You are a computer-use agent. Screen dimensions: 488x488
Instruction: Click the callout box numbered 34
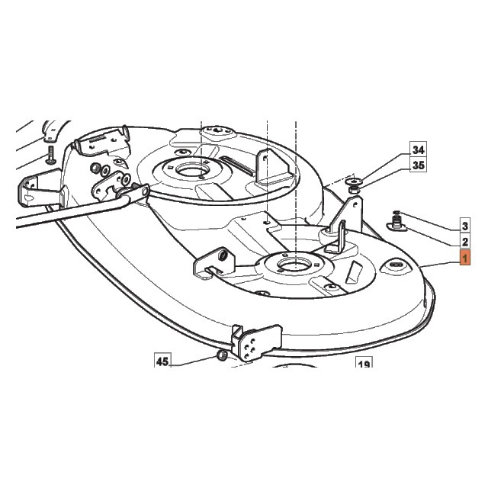418,149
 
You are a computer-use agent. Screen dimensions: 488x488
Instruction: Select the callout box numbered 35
418,165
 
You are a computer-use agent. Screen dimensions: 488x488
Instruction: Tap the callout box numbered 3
465,226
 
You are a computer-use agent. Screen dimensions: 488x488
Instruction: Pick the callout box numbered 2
465,242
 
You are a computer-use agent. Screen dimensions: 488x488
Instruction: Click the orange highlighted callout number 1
465,258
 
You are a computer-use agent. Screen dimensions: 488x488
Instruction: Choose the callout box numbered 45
162,361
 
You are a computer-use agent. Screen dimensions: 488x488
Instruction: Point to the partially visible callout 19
364,362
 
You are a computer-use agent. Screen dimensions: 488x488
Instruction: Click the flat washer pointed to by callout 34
354,181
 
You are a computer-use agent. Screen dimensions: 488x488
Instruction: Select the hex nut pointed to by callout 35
353,189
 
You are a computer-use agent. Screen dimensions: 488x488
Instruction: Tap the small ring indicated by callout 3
396,212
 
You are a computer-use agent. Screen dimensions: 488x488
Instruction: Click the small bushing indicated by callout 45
222,355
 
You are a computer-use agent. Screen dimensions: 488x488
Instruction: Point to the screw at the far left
50,155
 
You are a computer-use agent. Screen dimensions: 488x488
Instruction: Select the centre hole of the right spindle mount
294,264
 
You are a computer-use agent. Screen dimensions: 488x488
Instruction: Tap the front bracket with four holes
256,342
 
